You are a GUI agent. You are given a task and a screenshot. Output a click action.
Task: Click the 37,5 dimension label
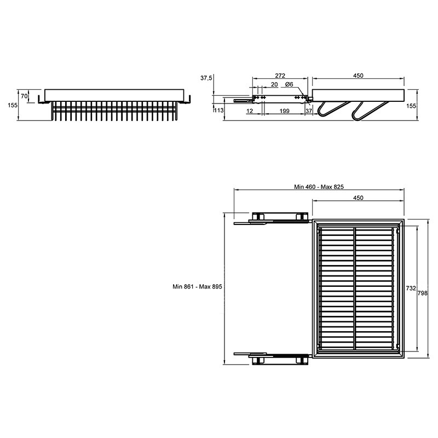(x=206, y=78)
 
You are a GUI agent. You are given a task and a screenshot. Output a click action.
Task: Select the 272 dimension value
(x=280, y=76)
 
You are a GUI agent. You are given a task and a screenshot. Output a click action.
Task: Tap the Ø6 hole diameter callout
(x=289, y=84)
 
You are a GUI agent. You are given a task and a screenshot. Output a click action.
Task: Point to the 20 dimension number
(x=274, y=84)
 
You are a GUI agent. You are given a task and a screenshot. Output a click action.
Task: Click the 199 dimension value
(x=284, y=111)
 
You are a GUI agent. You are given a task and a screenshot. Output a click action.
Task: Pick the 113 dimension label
(x=218, y=111)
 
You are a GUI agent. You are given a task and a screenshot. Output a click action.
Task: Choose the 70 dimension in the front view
(x=24, y=96)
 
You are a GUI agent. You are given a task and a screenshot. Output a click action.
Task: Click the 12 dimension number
(x=250, y=111)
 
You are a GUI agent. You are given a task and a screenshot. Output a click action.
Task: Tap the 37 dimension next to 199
(x=309, y=111)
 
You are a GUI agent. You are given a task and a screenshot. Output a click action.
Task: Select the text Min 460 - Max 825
(x=319, y=187)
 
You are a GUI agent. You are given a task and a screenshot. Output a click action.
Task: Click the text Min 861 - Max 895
(x=197, y=286)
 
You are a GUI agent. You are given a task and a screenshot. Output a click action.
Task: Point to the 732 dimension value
(x=411, y=289)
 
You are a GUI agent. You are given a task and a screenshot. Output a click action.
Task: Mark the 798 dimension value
(x=422, y=293)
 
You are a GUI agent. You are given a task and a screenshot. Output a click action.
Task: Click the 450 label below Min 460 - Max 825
(x=358, y=198)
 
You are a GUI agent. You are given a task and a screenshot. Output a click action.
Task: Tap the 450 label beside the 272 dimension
(x=358, y=76)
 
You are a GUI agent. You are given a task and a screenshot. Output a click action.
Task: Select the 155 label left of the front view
(x=13, y=105)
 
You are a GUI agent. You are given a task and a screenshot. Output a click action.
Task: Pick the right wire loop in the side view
(x=368, y=111)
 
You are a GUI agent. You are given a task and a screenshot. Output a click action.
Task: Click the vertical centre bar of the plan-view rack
(x=355, y=288)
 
